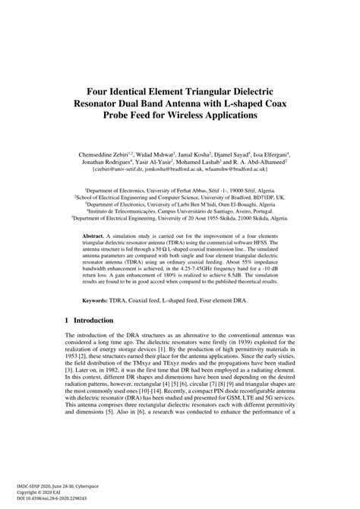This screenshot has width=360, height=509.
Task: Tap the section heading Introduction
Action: coord(99,322)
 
